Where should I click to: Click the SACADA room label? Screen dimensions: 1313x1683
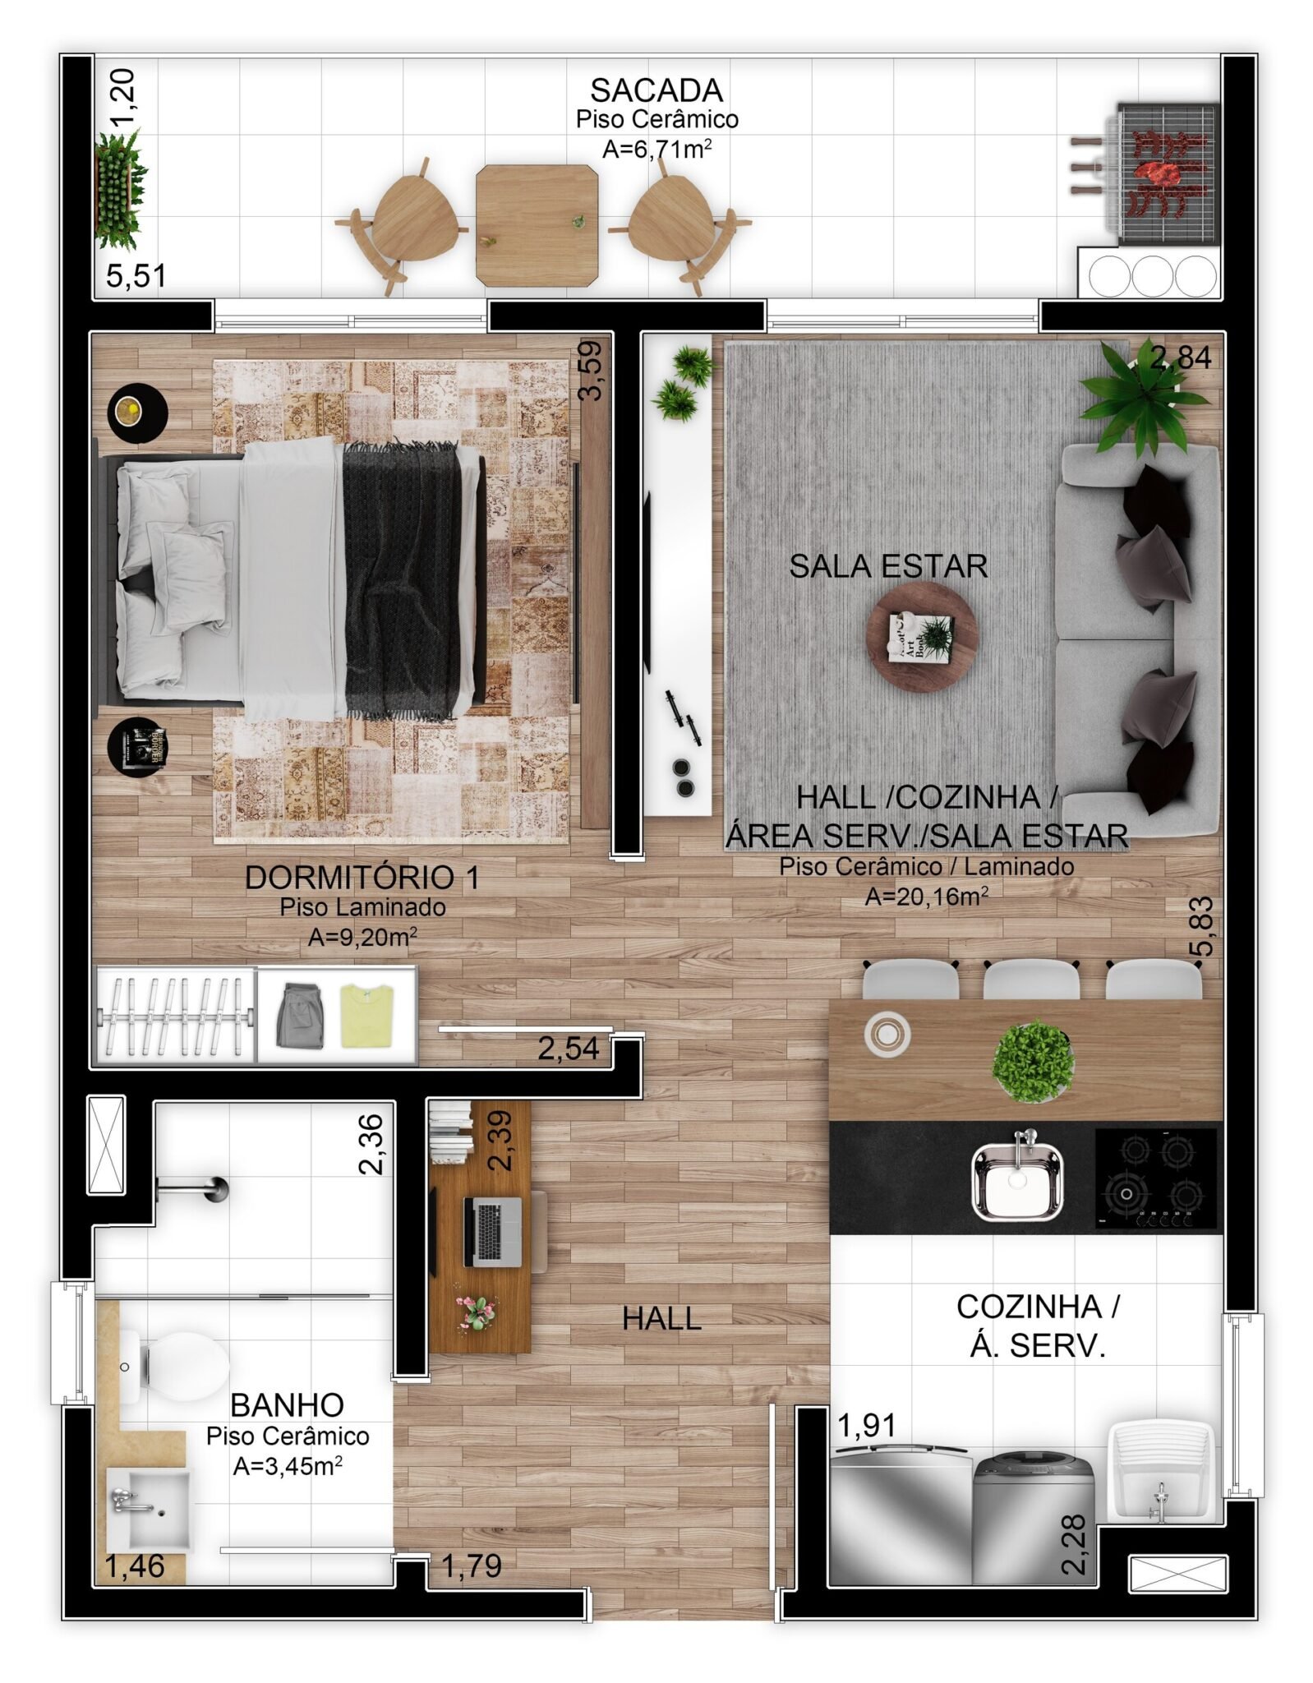click(x=656, y=90)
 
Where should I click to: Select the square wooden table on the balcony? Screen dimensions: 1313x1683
click(x=537, y=225)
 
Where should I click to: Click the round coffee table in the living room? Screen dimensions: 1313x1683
click(x=922, y=637)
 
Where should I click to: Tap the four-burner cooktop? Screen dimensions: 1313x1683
click(x=1156, y=1178)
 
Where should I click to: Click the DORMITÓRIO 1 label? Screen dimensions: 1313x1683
click(x=362, y=877)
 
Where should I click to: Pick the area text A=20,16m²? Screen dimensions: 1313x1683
click(x=926, y=896)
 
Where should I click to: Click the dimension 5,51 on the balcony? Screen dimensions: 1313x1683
click(x=136, y=275)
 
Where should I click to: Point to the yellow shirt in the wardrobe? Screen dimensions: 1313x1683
click(x=367, y=1016)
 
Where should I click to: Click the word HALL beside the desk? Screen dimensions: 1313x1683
click(x=661, y=1318)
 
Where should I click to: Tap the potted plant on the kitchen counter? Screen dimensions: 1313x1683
click(x=1033, y=1061)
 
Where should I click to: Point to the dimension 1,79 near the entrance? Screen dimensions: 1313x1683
click(x=472, y=1565)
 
